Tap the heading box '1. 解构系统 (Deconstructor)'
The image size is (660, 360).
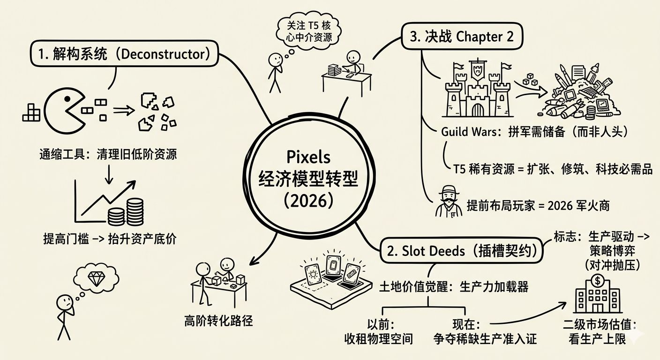[x=125, y=54]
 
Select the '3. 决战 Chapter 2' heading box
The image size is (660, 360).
[x=462, y=37]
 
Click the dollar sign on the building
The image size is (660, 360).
[x=598, y=281]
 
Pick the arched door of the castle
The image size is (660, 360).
[x=477, y=111]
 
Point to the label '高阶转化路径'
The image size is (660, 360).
[x=218, y=321]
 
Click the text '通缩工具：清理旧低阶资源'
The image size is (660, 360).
[x=108, y=154]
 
